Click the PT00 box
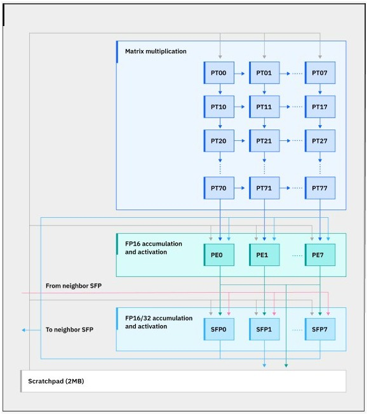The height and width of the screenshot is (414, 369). (x=218, y=73)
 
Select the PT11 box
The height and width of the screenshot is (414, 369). (x=264, y=107)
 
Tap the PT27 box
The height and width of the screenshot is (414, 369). (x=320, y=141)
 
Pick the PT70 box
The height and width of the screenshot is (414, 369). (x=218, y=188)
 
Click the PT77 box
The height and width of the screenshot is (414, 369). (x=320, y=188)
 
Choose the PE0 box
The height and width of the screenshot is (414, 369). (x=218, y=255)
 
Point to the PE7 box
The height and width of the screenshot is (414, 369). (x=320, y=255)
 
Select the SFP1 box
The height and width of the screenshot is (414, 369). (x=264, y=330)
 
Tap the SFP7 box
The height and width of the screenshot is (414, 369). (x=320, y=330)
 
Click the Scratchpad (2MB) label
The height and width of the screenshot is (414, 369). (x=56, y=381)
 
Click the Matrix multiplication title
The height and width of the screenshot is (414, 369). (x=156, y=51)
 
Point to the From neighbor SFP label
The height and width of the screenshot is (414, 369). (x=74, y=286)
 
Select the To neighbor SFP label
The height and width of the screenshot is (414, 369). (x=69, y=330)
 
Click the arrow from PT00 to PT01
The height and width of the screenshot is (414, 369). (x=239, y=74)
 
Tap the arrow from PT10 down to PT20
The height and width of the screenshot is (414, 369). (x=220, y=123)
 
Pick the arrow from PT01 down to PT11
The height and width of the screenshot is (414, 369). (x=264, y=90)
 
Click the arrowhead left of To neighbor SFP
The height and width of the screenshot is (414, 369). (x=23, y=330)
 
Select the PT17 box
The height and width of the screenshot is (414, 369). (x=320, y=107)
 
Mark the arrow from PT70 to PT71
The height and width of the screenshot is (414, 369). (x=239, y=188)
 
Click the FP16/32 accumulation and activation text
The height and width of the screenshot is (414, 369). (x=159, y=322)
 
